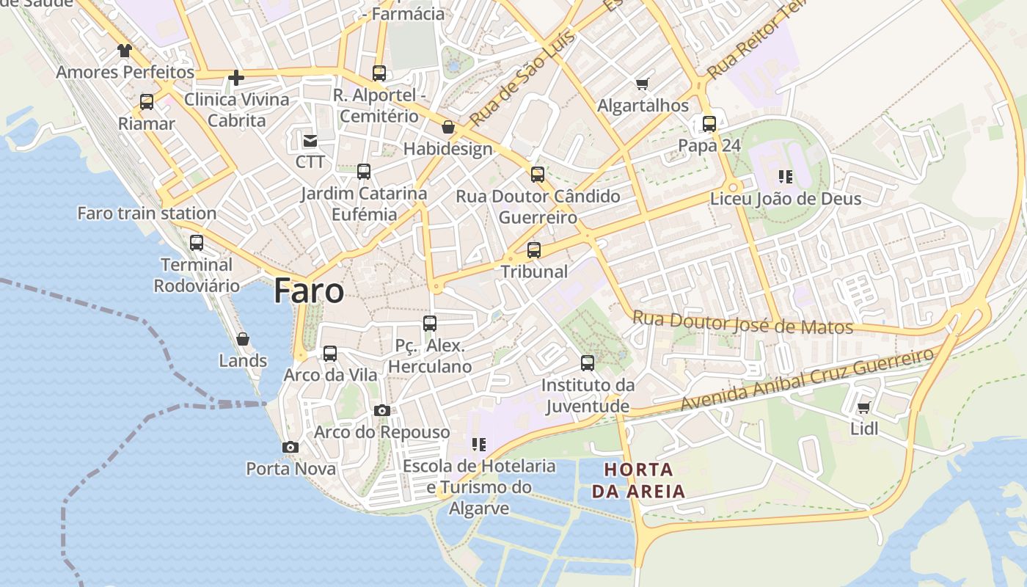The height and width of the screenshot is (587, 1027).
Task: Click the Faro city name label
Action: pos(309,291)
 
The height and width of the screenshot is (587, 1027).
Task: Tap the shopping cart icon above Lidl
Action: pos(863,408)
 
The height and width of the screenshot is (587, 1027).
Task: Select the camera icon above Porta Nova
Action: pos(290,447)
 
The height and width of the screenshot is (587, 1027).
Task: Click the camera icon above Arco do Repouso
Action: pos(382,410)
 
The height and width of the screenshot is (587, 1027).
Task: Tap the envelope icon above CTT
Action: pos(310,140)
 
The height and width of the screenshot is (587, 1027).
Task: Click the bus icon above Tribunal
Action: pos(534,250)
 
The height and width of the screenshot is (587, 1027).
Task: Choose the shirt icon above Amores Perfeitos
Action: pos(125,51)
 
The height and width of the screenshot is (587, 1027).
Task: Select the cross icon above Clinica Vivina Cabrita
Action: pos(236,77)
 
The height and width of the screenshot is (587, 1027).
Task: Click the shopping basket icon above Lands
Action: pos(243,339)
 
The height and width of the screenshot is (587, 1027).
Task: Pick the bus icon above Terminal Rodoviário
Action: pos(197,243)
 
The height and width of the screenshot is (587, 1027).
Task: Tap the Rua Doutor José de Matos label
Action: pos(742,322)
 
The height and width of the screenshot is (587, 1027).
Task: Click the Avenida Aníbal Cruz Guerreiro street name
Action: pos(807,380)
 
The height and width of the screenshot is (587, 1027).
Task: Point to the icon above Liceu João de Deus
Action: pos(786,177)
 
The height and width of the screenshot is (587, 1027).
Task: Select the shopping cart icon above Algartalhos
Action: pos(643,84)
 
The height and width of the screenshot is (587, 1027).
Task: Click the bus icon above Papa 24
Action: pos(709,124)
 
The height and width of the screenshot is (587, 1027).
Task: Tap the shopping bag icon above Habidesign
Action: pos(448,128)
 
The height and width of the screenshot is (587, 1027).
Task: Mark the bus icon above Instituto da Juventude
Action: pos(588,363)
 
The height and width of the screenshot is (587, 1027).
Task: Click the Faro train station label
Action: pos(147,214)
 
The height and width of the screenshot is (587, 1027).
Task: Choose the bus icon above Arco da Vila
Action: pos(330,354)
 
